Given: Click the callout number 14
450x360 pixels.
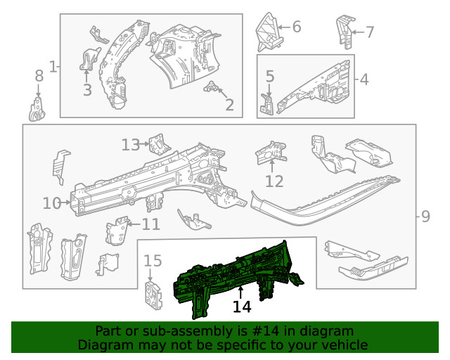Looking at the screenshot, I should click(242, 307).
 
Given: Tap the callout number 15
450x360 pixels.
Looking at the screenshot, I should click(153, 262).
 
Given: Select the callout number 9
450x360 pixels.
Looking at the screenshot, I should click(425, 217).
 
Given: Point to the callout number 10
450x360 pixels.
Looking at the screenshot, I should click(52, 204).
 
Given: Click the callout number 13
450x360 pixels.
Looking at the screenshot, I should click(130, 145).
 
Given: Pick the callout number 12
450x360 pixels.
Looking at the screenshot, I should click(274, 181).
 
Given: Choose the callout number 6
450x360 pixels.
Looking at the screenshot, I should click(296, 27).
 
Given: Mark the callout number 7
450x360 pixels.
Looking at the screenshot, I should click(370, 31).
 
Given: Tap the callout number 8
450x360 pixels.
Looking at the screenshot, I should click(39, 76).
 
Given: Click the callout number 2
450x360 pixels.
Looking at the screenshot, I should click(229, 105).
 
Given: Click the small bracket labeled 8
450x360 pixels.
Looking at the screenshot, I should click(37, 109).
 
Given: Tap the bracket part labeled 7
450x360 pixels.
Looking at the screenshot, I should click(344, 28).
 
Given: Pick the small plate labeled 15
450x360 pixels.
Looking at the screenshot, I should click(153, 295).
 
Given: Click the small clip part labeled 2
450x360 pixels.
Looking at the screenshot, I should click(211, 88).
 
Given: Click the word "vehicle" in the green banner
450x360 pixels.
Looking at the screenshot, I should click(344, 345).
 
